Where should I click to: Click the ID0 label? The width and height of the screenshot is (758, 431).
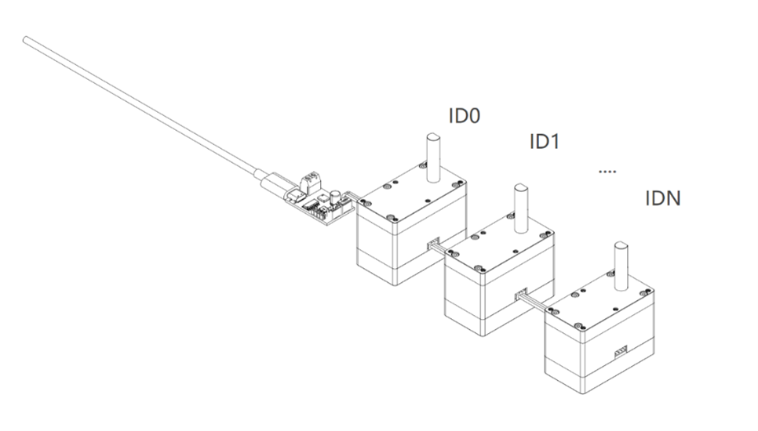pyautogui.click(x=464, y=116)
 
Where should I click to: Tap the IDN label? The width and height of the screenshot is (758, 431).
pyautogui.click(x=662, y=198)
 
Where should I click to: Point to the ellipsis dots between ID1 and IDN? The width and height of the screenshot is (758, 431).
pyautogui.click(x=607, y=171)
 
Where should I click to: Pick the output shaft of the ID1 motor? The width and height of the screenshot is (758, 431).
pyautogui.click(x=519, y=208)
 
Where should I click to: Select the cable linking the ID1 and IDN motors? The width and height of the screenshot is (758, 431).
pyautogui.click(x=535, y=304)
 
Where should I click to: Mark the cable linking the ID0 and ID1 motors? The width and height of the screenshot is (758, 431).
pyautogui.click(x=444, y=250)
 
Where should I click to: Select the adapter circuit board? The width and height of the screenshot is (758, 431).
pyautogui.click(x=318, y=202)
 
